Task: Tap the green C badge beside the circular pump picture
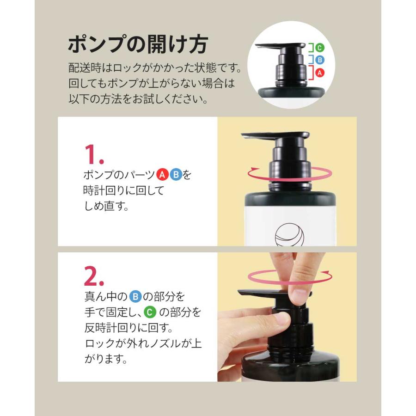(320, 47)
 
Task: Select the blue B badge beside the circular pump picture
(320, 59)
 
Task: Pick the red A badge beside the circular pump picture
(320, 73)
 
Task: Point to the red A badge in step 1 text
(162, 175)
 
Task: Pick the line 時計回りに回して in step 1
(123, 190)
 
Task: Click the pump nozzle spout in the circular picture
(266, 46)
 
